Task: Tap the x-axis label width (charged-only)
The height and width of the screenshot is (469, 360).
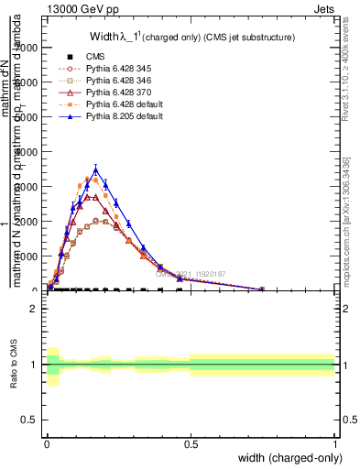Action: click(x=285, y=457)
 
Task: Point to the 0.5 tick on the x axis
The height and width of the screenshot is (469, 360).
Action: click(x=191, y=444)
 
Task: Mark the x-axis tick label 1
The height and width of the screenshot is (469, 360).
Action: click(x=335, y=444)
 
